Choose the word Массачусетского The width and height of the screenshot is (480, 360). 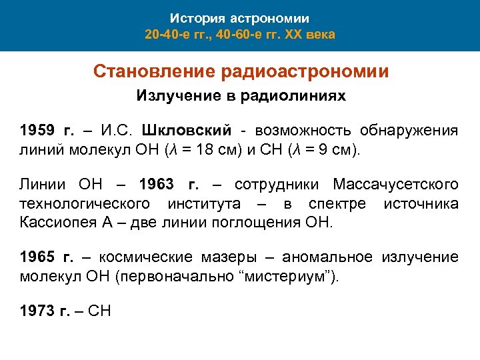tap(395, 184)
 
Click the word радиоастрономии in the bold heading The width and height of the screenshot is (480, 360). tap(301, 71)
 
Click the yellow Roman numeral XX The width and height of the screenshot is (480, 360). tap(295, 33)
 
